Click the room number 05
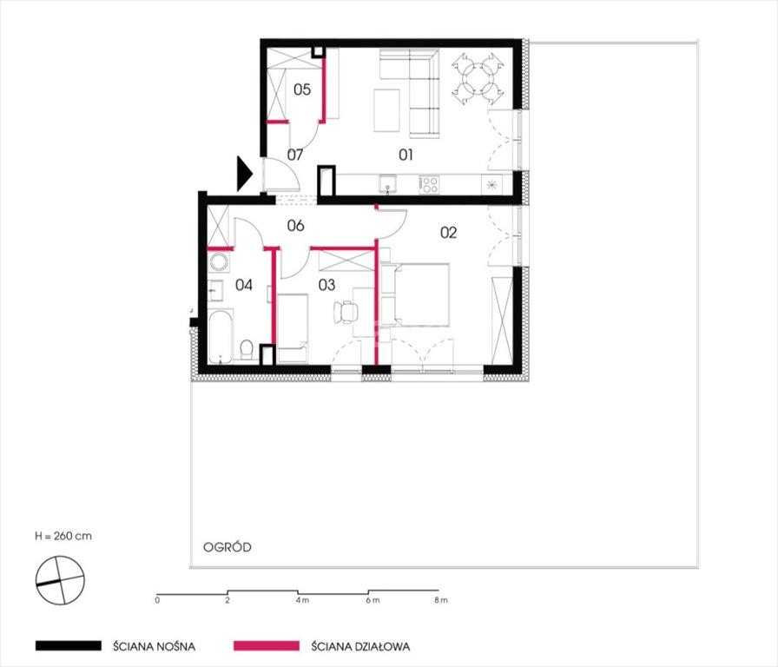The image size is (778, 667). coord(302,89)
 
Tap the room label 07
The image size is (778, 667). coord(294,155)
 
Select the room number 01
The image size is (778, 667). coord(405,155)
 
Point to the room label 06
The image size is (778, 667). coord(295,226)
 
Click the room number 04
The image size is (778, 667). coord(244,285)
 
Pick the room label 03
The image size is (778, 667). coord(326,285)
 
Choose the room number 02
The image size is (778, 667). coord(449,232)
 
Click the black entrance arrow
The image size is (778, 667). coord(245,174)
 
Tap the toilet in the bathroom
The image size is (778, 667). coord(247,349)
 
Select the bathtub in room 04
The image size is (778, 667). coord(220,337)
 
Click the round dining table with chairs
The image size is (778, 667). coord(478,79)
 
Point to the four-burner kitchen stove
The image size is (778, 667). coord(430,185)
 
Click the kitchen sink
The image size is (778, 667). coord(387,184)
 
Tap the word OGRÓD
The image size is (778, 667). coord(227,547)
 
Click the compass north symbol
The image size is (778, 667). coord(60,581)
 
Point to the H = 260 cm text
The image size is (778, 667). coord(63,536)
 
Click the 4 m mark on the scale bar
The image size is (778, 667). coord(301,600)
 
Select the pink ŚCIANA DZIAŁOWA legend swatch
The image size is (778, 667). coord(267,645)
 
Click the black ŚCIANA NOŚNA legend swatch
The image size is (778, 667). coord(69,645)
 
